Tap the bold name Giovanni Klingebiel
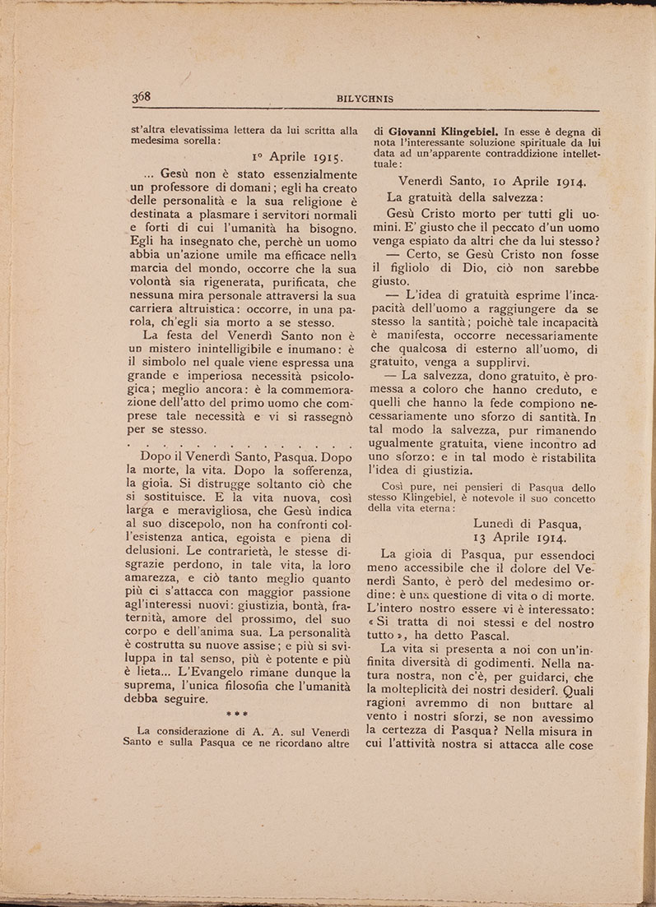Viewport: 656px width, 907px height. pyautogui.click(x=441, y=129)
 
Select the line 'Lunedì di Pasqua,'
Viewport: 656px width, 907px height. pyautogui.click(x=528, y=521)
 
